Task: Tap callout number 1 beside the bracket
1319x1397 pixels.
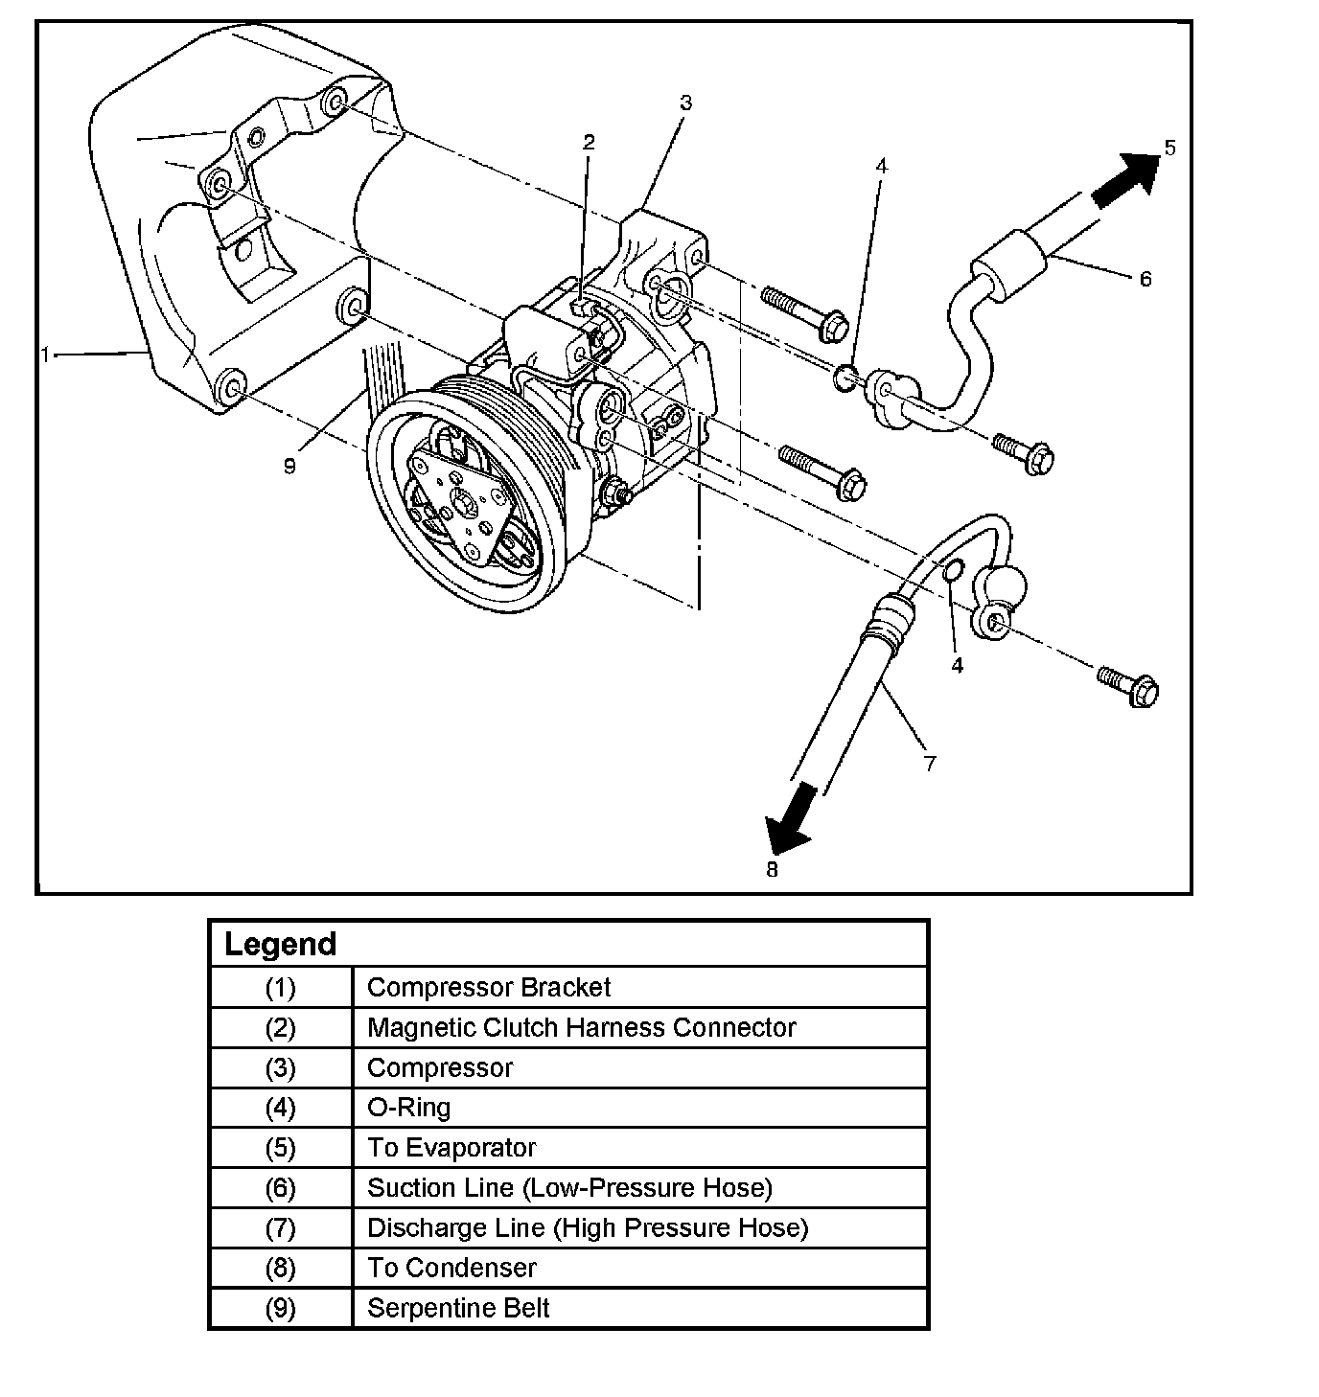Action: (x=45, y=355)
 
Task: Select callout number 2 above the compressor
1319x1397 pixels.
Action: (x=589, y=143)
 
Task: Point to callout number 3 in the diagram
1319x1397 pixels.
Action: (x=684, y=103)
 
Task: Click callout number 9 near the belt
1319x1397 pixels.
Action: (x=289, y=466)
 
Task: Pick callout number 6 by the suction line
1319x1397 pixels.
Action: (x=1145, y=279)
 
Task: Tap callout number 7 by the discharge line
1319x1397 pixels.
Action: (x=929, y=763)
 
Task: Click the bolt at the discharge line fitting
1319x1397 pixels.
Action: (x=1131, y=686)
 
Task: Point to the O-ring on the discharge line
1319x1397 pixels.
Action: (x=953, y=572)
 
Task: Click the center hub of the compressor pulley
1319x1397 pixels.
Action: (x=464, y=503)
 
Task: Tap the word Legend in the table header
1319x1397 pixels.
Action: (x=280, y=944)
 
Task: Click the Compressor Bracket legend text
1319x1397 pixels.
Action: (x=489, y=987)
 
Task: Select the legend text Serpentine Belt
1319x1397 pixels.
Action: (x=458, y=1308)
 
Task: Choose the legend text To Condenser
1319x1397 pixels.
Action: (x=451, y=1268)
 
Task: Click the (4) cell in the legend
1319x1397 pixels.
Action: (x=281, y=1108)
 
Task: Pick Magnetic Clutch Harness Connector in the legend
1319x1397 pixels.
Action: (x=581, y=1027)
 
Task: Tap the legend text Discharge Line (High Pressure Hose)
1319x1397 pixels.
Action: (x=588, y=1227)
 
